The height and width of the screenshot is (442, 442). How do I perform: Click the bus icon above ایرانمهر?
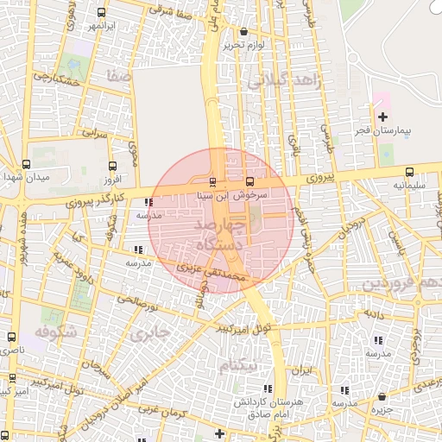[103, 13]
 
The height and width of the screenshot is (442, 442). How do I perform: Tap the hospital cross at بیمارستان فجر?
[383, 117]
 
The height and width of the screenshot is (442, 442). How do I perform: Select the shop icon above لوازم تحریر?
[244, 32]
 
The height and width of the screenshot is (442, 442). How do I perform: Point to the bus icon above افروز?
[112, 167]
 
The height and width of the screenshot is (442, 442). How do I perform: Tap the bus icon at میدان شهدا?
[25, 164]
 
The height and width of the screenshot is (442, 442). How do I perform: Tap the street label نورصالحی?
[139, 300]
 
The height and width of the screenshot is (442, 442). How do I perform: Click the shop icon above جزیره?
[382, 396]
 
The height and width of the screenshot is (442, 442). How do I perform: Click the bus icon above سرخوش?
[249, 182]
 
